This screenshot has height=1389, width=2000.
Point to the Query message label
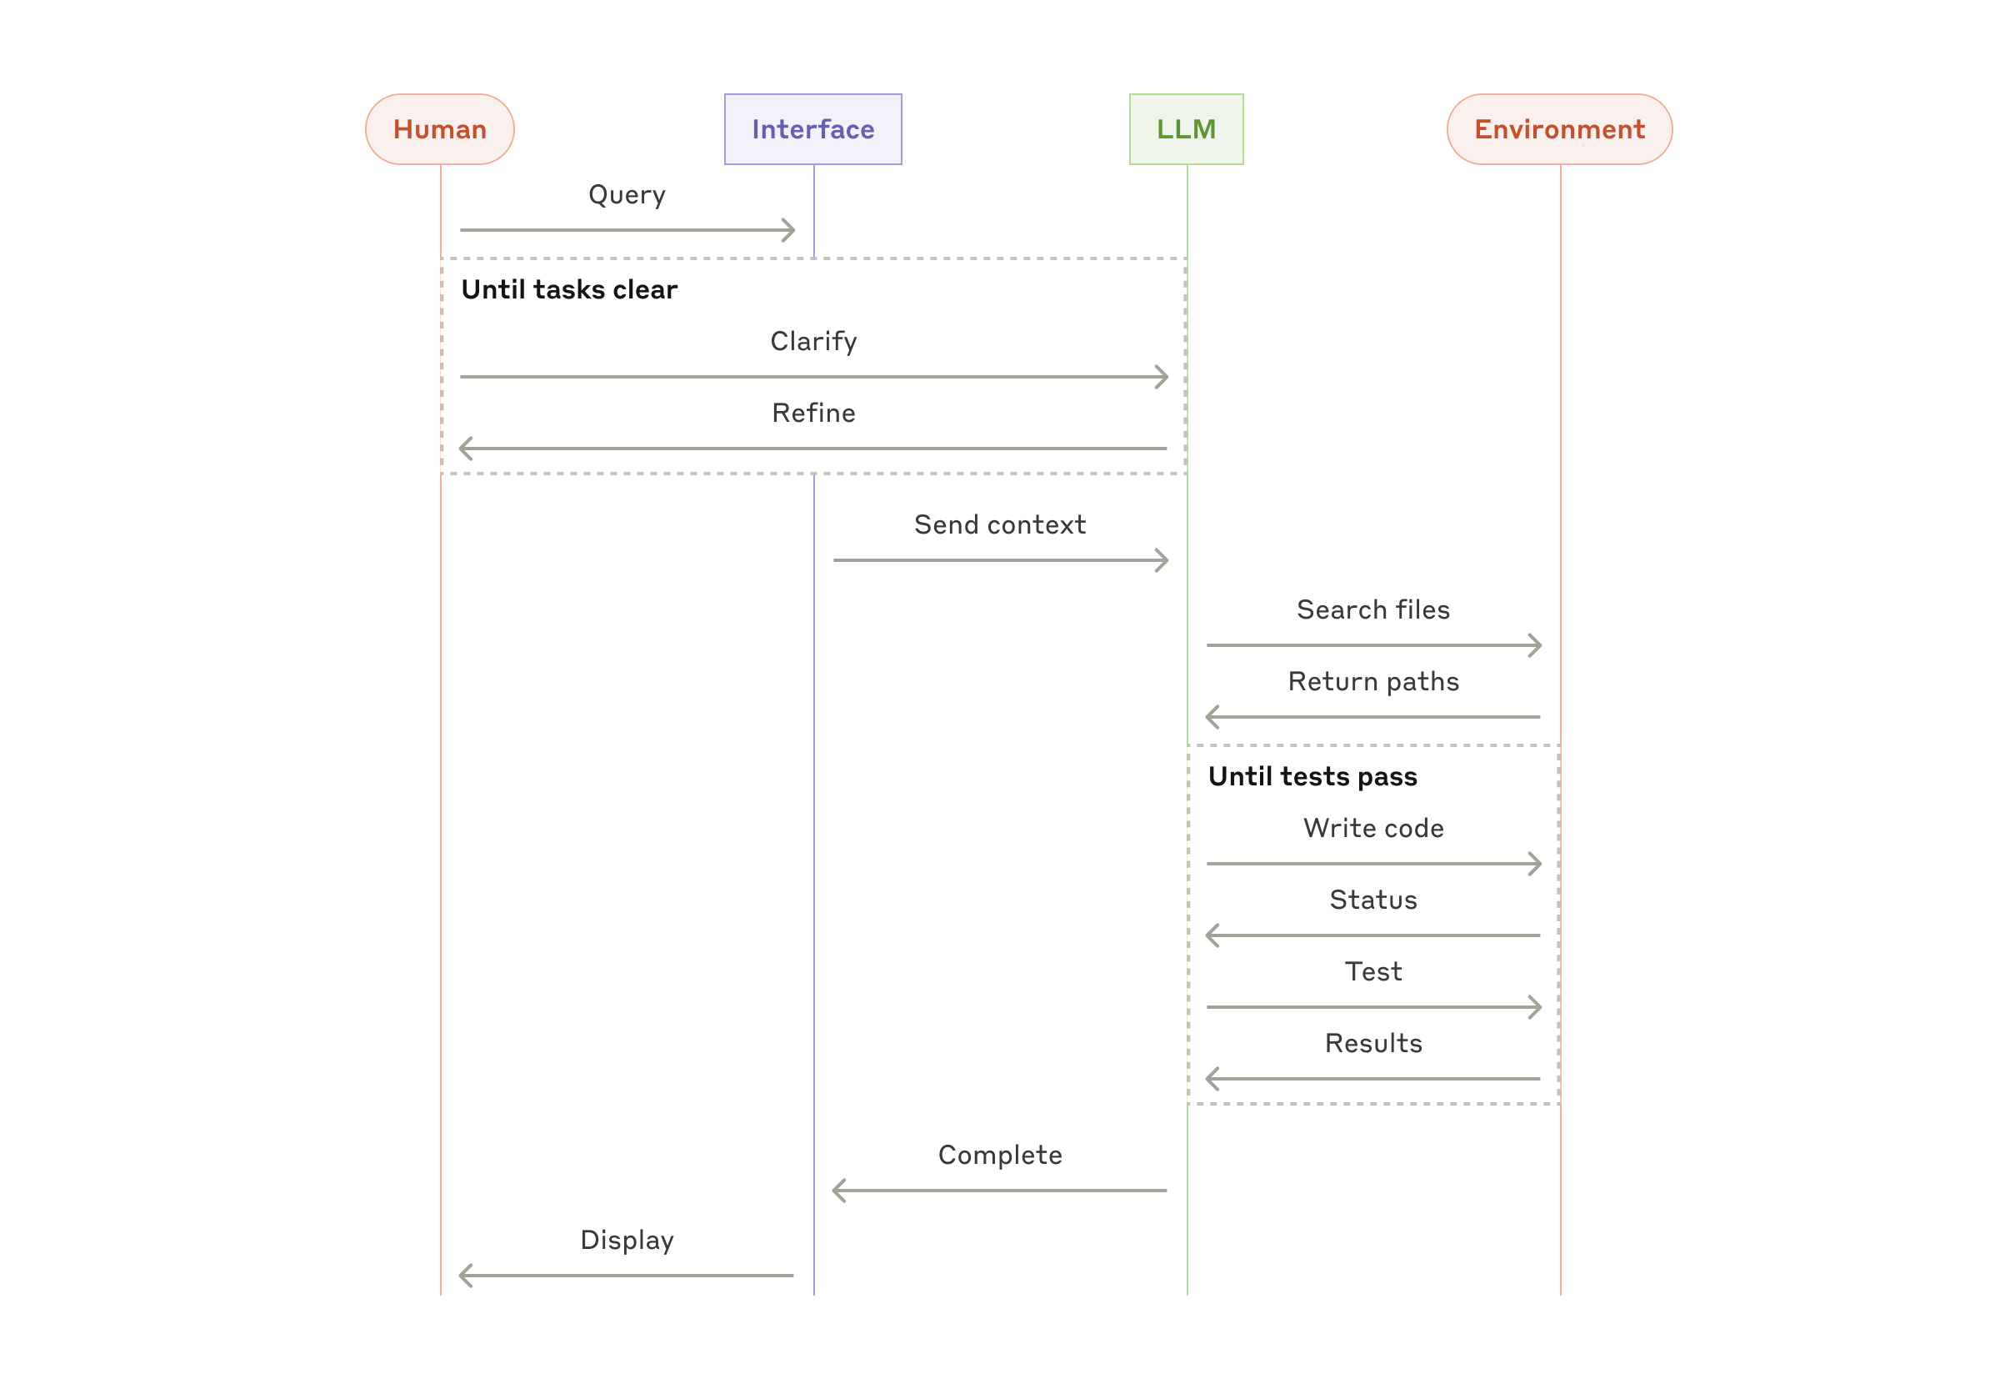627,194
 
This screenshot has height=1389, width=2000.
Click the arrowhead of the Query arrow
790,230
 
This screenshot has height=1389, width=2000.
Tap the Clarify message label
812,340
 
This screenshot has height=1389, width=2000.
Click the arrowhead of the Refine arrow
464,449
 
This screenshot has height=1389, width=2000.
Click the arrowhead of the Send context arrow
1162,559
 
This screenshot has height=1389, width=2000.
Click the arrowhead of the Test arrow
1536,1006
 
